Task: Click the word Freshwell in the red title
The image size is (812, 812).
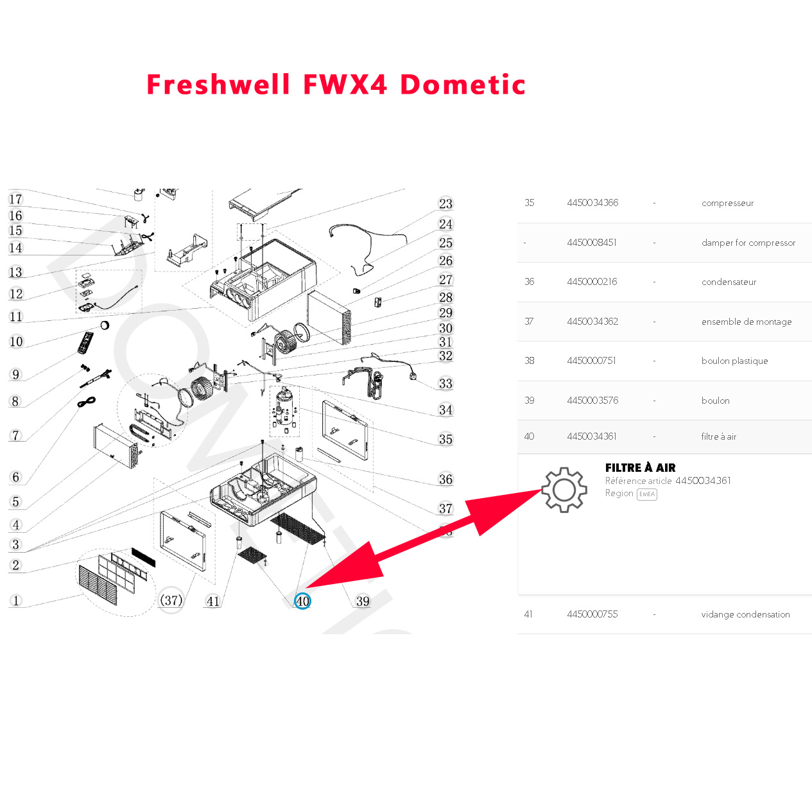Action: tap(218, 85)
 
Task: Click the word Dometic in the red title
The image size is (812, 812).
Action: tap(462, 85)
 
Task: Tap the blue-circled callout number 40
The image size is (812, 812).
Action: tap(302, 601)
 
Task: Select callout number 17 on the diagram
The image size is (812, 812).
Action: tap(15, 200)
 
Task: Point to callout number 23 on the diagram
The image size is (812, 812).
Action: tap(445, 204)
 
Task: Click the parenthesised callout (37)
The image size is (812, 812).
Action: tap(171, 601)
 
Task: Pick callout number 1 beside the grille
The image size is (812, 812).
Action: tap(16, 601)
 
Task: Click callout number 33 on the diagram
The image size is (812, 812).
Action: tap(445, 384)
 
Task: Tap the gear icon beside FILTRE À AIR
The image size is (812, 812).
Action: tap(564, 490)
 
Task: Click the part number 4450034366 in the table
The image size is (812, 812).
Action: tap(592, 203)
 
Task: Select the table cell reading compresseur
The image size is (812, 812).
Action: tap(727, 203)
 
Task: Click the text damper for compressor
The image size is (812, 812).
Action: tap(748, 243)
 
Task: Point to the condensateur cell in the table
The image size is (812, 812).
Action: tap(729, 282)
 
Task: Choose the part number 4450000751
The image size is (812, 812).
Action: tap(591, 361)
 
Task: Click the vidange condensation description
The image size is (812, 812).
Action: tap(745, 614)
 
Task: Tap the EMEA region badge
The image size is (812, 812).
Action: tap(646, 494)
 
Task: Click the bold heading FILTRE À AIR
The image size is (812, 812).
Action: tap(640, 468)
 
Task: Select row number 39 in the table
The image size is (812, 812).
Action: tap(529, 401)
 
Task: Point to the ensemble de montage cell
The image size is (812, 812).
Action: tap(746, 322)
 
